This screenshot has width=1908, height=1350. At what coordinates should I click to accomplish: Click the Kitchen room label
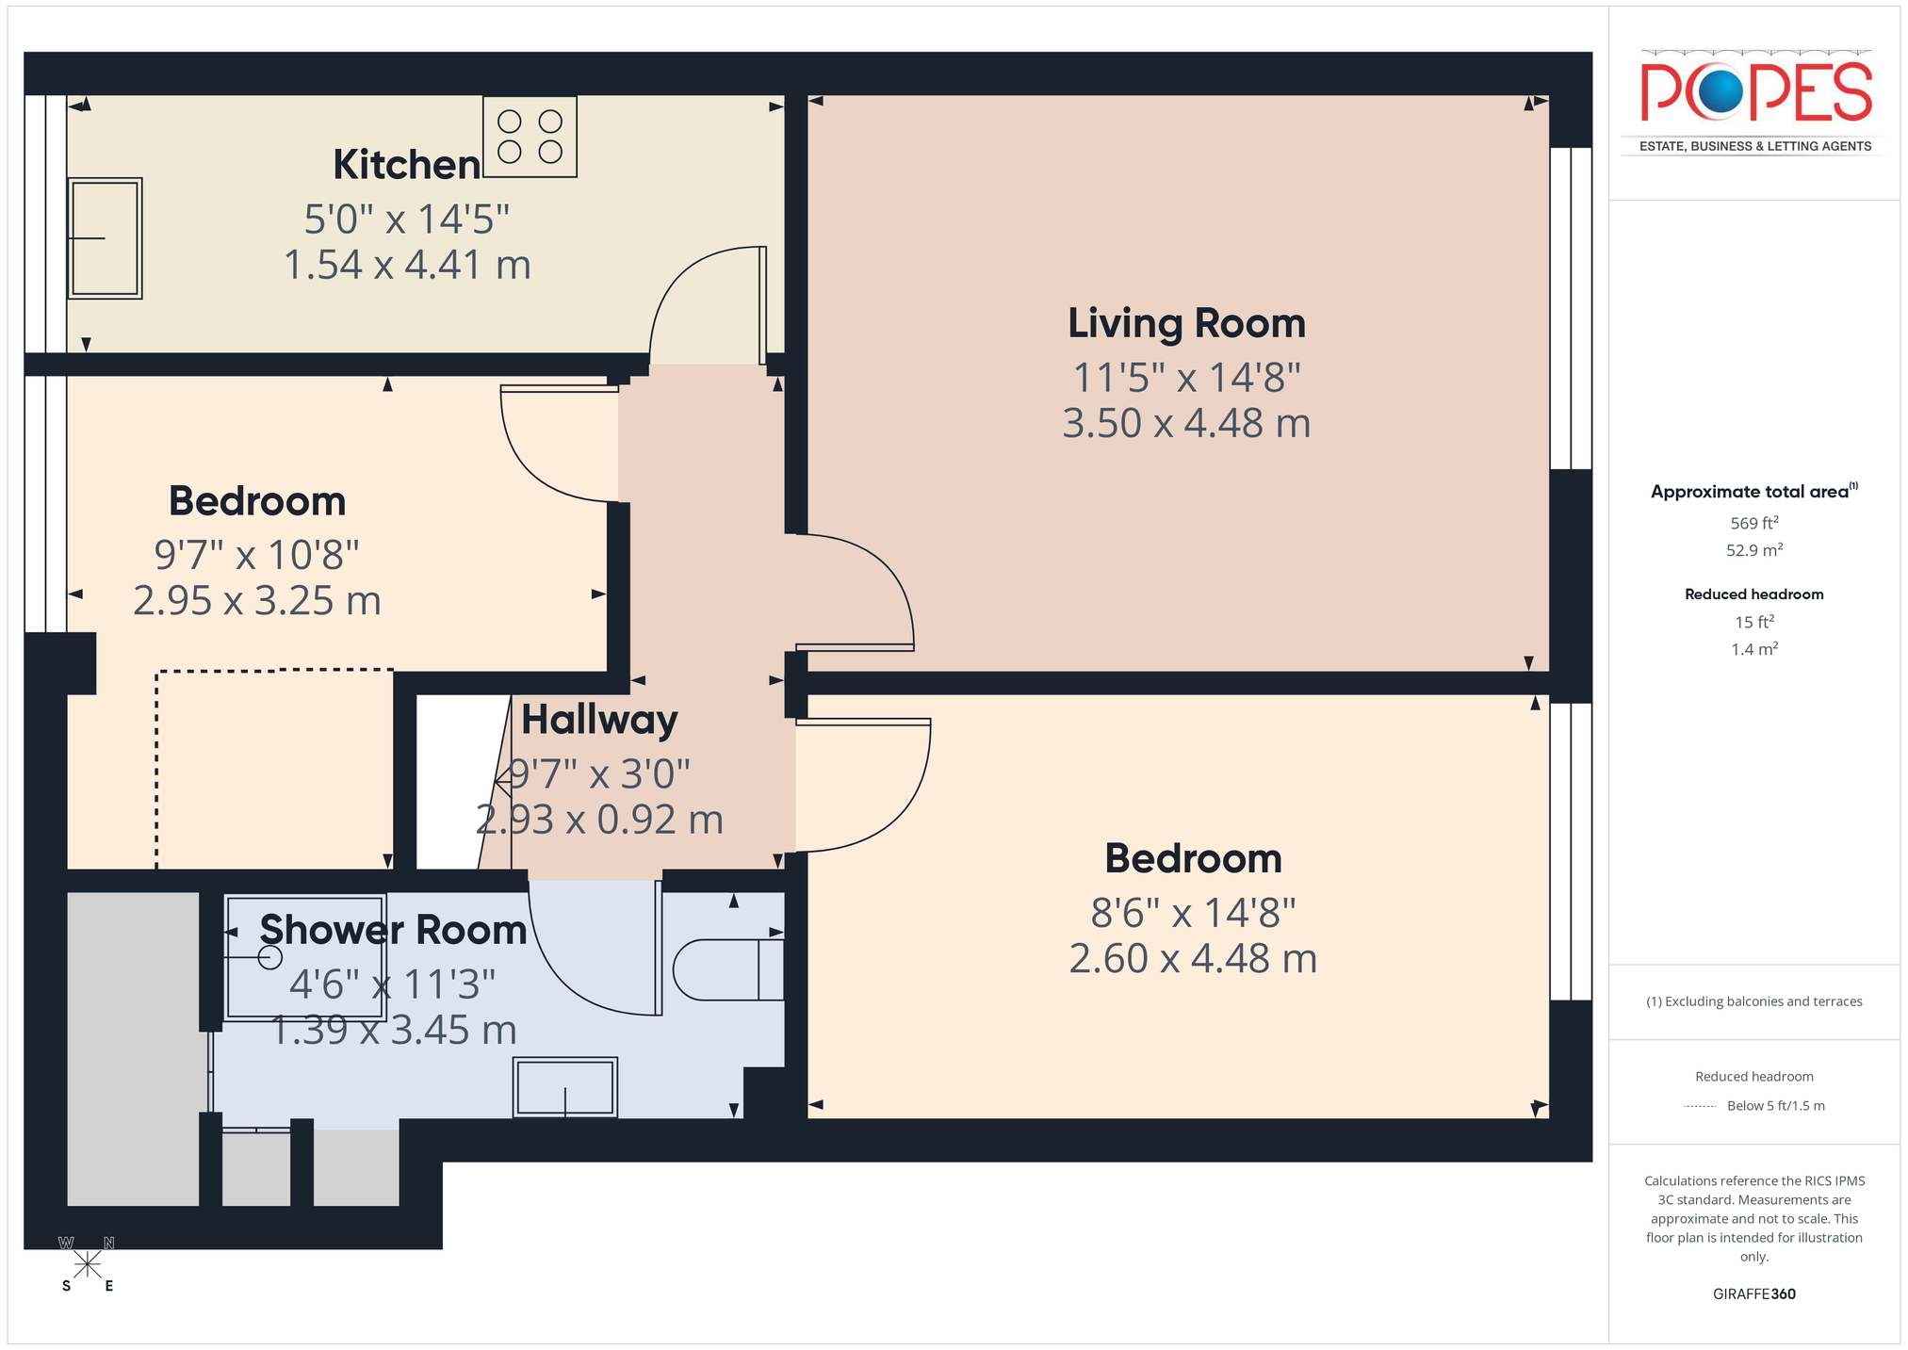coord(407,165)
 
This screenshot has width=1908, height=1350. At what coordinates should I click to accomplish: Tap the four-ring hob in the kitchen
coord(530,137)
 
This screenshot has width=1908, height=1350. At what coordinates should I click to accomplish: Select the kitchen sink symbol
coord(105,238)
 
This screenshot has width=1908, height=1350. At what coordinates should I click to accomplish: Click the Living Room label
coord(1186,323)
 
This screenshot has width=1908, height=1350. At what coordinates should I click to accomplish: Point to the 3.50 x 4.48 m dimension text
coord(1186,424)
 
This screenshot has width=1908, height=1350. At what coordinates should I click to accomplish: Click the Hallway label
coord(599,721)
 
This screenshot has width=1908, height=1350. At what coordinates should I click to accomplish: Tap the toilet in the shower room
coord(728,969)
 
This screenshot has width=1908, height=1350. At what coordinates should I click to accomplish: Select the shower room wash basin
coord(565,1087)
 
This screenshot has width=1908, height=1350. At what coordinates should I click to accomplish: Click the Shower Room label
coord(393,930)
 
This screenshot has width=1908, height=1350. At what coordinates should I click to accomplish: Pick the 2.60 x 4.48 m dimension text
coord(1193,959)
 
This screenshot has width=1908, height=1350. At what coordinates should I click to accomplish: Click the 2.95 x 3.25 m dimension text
coord(257,601)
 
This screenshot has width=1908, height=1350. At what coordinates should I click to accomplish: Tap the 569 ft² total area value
coord(1754,523)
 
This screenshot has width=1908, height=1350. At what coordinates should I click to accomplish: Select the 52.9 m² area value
coord(1754,550)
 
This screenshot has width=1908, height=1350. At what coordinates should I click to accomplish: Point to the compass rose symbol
coord(88,1264)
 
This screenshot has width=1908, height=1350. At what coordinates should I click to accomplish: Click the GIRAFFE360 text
coord(1754,1293)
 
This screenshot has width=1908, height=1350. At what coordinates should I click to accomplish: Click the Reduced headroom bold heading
coord(1754,594)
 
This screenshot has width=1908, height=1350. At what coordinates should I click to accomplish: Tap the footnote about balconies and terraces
coord(1754,1001)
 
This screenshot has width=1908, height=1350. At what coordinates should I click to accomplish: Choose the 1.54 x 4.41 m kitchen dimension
coord(407,266)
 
